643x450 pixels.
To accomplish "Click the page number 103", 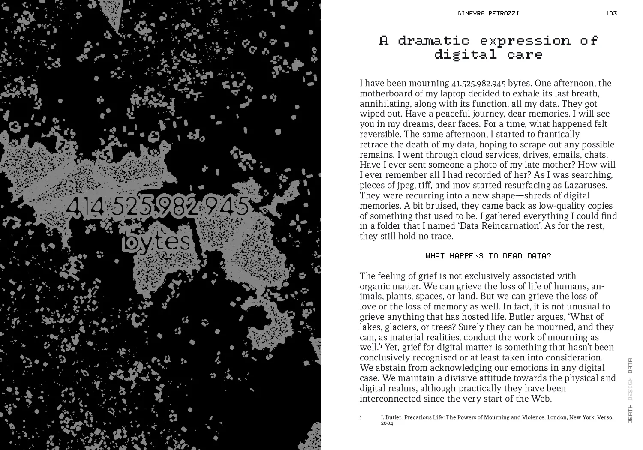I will point(611,13).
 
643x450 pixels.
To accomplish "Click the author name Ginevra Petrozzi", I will point(488,13).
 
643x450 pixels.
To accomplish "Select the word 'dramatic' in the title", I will point(434,41).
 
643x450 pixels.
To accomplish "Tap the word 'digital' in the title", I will point(466,55).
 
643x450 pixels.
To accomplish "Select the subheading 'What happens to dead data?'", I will point(488,256).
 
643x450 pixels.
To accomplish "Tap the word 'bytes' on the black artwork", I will point(157,241).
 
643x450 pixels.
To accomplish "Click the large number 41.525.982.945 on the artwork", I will point(158,207).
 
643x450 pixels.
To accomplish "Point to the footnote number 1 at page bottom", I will point(361,417).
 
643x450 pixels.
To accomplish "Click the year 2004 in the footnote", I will point(387,423).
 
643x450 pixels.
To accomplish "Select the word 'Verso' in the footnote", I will point(604,417).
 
